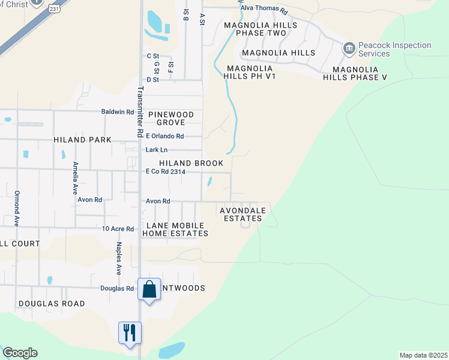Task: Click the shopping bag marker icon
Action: (x=149, y=290)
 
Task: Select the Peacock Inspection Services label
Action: (x=394, y=49)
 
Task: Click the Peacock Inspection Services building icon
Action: (x=349, y=47)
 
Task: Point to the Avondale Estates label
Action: (x=241, y=214)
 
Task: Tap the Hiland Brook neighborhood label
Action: (x=191, y=163)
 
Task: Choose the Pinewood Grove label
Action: (x=171, y=118)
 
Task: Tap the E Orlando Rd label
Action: (x=165, y=136)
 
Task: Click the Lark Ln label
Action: (x=157, y=149)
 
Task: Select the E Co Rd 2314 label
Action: (x=166, y=172)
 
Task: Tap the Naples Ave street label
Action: (x=119, y=256)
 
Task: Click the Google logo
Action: (x=20, y=353)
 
